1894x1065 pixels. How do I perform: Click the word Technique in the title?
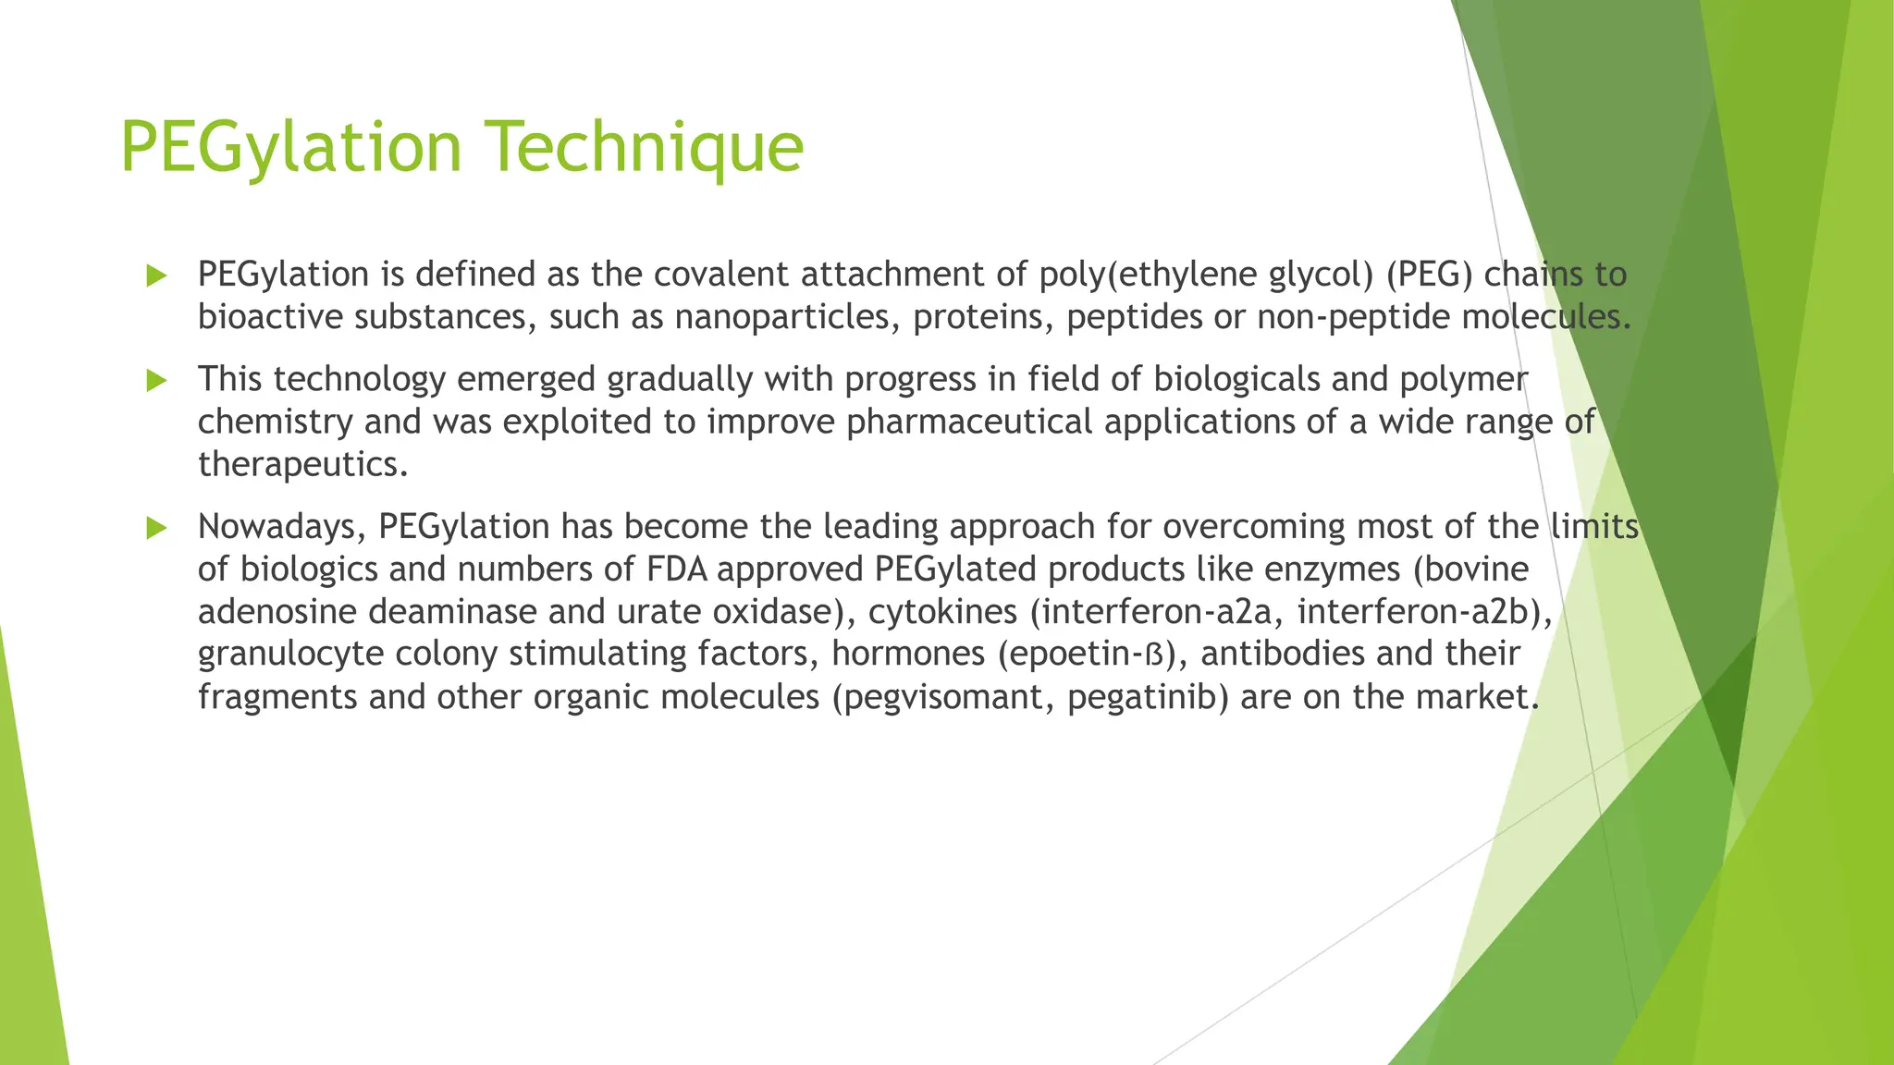point(645,146)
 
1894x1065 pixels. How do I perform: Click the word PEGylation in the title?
point(290,146)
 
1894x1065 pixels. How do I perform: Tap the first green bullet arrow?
point(156,275)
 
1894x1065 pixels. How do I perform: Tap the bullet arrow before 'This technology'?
point(156,380)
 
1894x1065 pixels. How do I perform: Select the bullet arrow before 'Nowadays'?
point(156,528)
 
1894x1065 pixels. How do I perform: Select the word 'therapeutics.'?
point(303,464)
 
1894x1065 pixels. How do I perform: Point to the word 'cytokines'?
point(942,612)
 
